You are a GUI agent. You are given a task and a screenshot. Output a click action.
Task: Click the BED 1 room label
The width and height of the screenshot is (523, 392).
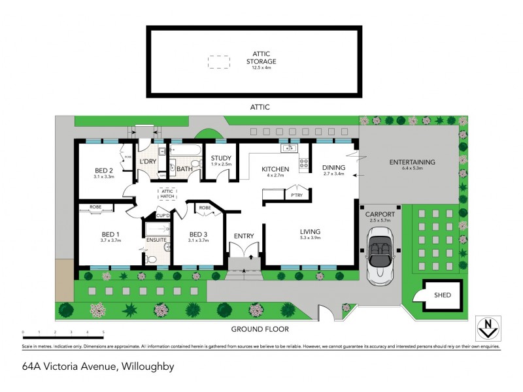click(x=110, y=235)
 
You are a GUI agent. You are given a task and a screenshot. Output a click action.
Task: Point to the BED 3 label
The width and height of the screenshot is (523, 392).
click(x=198, y=235)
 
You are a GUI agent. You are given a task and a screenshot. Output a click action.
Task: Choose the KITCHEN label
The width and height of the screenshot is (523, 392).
click(x=275, y=169)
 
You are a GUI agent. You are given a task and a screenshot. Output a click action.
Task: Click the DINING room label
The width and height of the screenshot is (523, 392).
click(x=333, y=168)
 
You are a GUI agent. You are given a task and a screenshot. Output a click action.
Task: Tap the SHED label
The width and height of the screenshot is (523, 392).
click(x=443, y=295)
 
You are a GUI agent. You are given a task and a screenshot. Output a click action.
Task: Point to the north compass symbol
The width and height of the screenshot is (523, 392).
click(x=486, y=327)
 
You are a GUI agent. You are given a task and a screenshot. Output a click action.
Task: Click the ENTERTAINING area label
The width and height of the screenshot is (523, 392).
click(x=412, y=163)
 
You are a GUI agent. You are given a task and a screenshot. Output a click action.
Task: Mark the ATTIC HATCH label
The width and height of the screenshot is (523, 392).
click(x=167, y=194)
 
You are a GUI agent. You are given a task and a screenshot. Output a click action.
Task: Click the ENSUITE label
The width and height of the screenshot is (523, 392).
click(x=157, y=240)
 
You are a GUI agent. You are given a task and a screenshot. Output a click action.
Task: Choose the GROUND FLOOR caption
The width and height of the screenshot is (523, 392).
click(x=260, y=329)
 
